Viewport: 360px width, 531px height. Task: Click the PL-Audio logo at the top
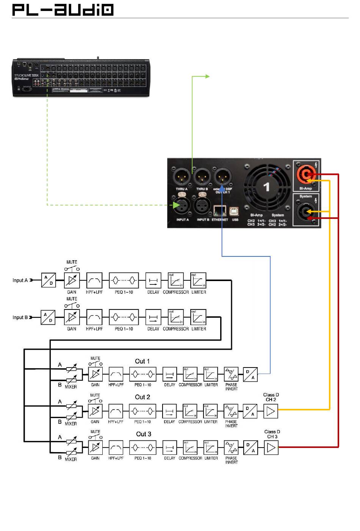(x=63, y=10)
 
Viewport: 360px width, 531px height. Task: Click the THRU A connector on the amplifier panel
(x=182, y=177)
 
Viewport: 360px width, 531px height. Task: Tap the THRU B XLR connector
(x=202, y=177)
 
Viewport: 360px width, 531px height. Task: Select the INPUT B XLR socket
(x=202, y=206)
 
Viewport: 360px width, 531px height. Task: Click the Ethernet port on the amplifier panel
(x=220, y=211)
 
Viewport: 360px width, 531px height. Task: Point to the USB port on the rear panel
(x=235, y=211)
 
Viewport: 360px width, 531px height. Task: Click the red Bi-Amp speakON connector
(x=306, y=174)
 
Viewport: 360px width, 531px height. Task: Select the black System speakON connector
(x=305, y=212)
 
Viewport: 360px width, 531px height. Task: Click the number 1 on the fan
(x=266, y=187)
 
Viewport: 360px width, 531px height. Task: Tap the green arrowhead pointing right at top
(x=207, y=76)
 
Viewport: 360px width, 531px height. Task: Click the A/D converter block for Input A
(x=49, y=280)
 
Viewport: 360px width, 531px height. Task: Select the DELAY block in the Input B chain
(x=153, y=317)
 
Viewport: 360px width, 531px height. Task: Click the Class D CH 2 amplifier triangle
(x=271, y=411)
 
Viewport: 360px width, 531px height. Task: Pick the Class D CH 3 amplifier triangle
(x=271, y=448)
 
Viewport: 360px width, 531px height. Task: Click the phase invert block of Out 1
(x=231, y=374)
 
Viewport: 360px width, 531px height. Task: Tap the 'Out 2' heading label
(x=142, y=397)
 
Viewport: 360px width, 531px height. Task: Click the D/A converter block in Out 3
(x=250, y=448)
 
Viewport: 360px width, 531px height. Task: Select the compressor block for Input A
(x=175, y=281)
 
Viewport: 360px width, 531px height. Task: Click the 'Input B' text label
(x=20, y=317)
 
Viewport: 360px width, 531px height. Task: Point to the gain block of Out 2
(x=95, y=411)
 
